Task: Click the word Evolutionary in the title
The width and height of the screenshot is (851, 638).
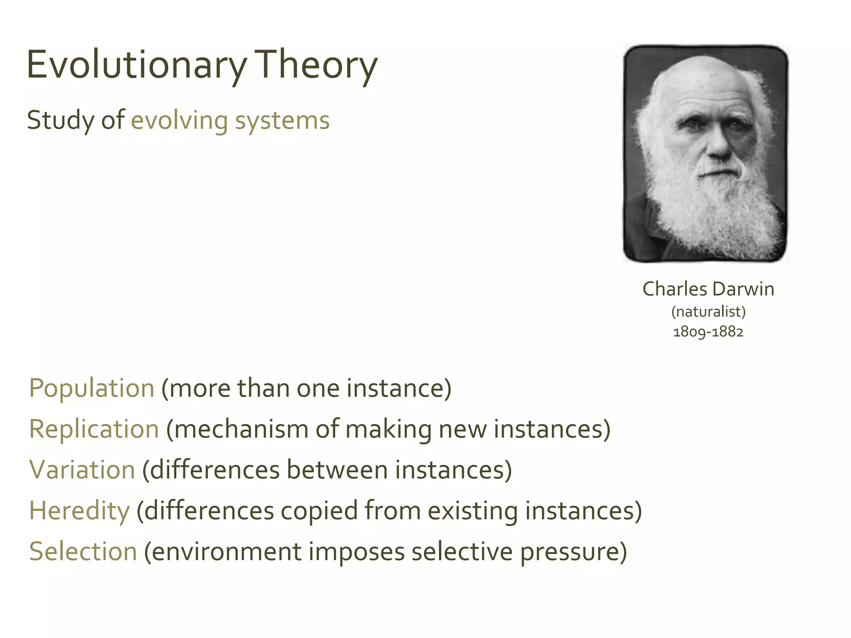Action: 136,65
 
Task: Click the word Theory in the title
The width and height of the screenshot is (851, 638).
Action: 316,65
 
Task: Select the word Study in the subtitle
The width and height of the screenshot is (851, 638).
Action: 61,121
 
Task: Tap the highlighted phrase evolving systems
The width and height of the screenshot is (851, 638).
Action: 230,121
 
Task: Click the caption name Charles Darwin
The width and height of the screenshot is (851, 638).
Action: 708,289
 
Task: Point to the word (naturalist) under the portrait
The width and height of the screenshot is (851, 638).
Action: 708,312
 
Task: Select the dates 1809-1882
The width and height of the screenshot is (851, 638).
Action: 708,332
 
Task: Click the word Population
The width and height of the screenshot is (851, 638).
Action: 92,388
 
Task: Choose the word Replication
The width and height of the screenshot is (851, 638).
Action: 94,429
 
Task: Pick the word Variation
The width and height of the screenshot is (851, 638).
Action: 82,470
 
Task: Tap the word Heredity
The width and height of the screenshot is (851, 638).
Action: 79,510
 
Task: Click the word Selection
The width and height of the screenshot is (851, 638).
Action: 83,552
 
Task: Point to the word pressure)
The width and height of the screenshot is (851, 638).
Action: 573,552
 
